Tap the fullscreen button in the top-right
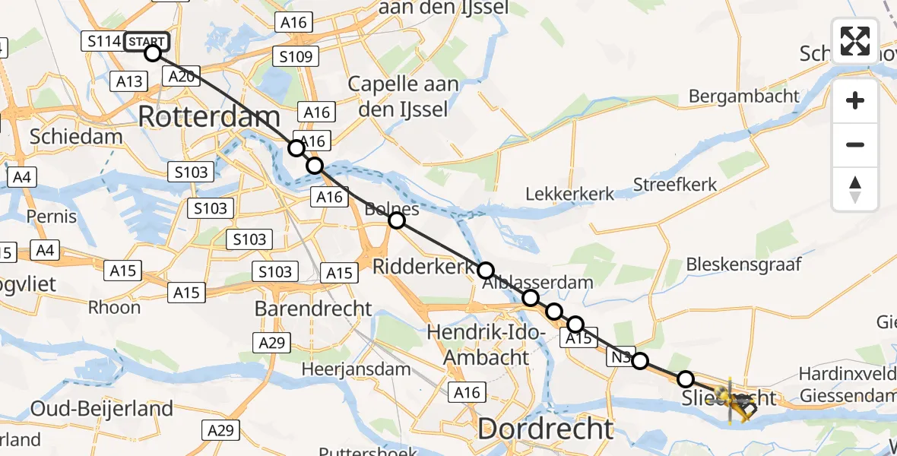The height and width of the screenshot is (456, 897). point(855,41)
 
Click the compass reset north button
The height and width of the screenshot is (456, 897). point(855,189)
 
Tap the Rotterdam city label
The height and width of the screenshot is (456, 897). point(209,118)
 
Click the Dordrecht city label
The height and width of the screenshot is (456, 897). point(545,429)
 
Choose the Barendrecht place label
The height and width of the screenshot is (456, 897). point(313,309)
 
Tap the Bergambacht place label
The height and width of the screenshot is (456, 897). point(744,96)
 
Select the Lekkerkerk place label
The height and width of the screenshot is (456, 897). point(569,195)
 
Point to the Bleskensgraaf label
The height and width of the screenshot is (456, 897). point(743,264)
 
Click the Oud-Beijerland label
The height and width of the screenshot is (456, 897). point(101,408)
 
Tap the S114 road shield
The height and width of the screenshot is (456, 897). point(104,41)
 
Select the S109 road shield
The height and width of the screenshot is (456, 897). point(297,56)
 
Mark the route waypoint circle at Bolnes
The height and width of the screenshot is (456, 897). point(396,220)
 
